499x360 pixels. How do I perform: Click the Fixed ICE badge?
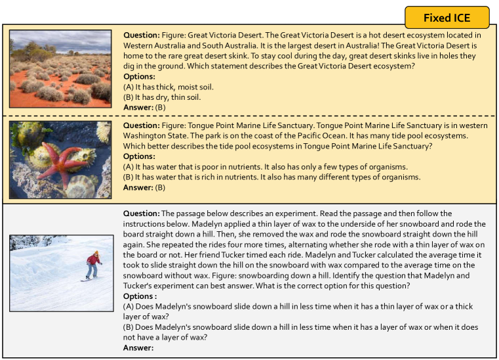[x=447, y=17]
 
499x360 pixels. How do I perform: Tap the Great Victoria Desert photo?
[x=60, y=68]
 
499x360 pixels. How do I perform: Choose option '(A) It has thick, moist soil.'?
[x=169, y=87]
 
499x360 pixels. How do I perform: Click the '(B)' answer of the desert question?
[x=160, y=107]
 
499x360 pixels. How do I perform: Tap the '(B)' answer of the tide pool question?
[x=160, y=187]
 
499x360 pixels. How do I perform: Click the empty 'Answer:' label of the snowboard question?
[x=138, y=348]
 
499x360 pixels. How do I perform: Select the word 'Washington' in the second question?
[x=144, y=136]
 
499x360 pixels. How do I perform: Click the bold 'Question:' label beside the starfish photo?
[x=140, y=125]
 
